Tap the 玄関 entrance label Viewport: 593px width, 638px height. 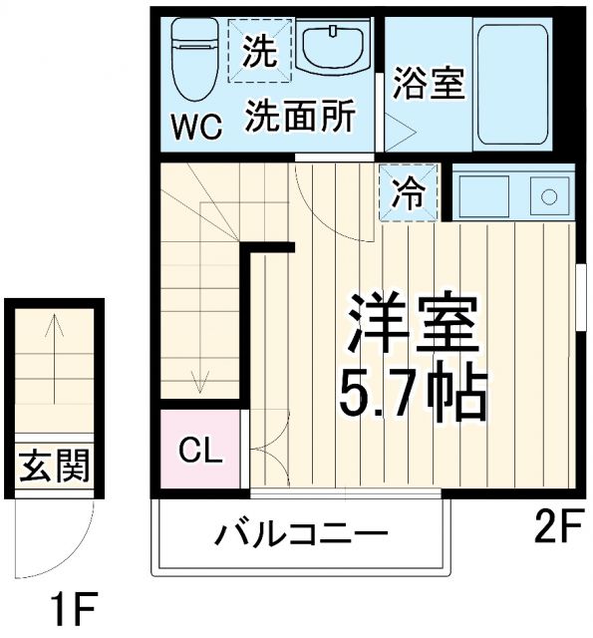[x=53, y=466]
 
